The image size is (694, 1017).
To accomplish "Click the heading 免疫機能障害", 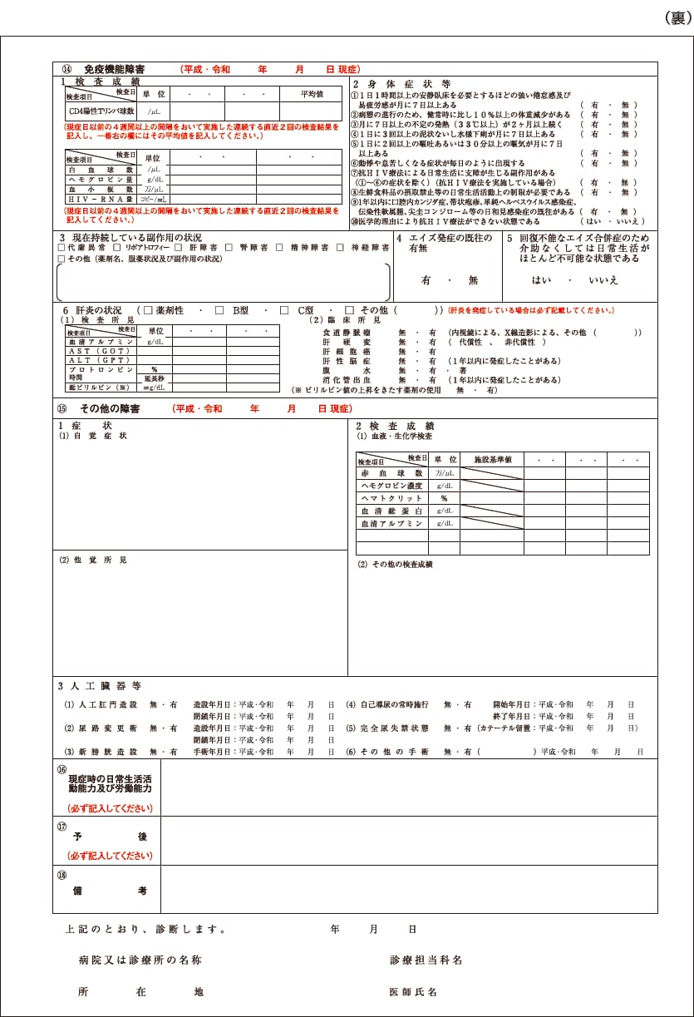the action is pos(115,69).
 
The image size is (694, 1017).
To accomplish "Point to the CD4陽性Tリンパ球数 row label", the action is pos(101,111).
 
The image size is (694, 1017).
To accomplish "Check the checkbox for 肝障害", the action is pos(179,248).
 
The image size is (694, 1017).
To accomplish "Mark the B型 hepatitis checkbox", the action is pos(219,310).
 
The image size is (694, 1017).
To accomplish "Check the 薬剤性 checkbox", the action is pos(149,310).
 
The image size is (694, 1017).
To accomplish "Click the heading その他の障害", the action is pos(110,409).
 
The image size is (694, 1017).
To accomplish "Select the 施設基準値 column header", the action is pos(492,459).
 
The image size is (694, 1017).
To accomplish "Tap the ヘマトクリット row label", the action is pos(391,497).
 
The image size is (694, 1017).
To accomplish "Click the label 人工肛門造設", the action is pos(106,704).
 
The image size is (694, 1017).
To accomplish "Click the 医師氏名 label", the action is pos(413,992).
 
